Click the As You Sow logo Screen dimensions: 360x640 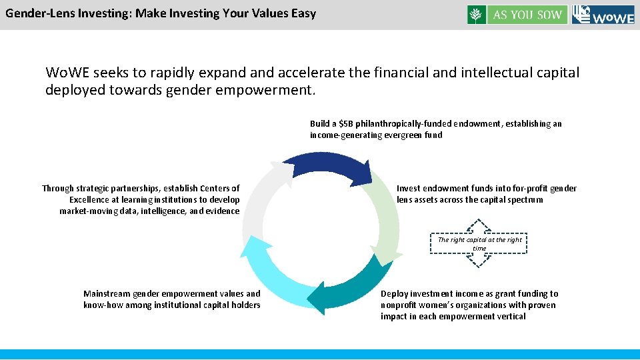(517, 15)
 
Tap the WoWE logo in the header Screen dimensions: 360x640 (603, 15)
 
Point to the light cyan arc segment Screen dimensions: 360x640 (270, 273)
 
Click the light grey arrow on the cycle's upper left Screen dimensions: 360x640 (260, 200)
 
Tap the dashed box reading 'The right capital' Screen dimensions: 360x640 (479, 243)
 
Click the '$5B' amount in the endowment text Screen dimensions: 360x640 (347, 123)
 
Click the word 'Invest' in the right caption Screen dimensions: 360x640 (409, 188)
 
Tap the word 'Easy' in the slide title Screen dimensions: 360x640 (303, 13)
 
